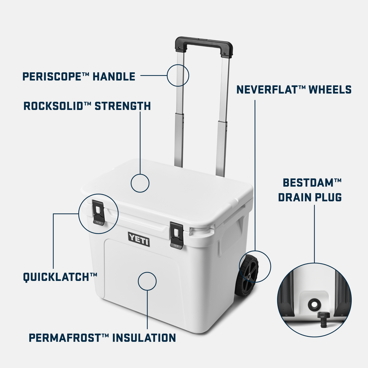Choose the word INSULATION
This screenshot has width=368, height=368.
pos(144,338)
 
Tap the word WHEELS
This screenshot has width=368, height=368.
pos(330,90)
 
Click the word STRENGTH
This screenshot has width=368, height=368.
pos(122,106)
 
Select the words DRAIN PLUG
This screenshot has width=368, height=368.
pos(310,197)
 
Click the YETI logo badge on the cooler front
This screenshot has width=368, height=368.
pos(139,239)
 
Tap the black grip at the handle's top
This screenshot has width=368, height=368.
pos(204,44)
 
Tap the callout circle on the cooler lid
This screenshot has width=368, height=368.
pos(140,183)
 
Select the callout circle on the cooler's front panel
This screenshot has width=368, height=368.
pos(147,281)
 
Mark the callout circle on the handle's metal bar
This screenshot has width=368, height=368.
pos(178,75)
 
